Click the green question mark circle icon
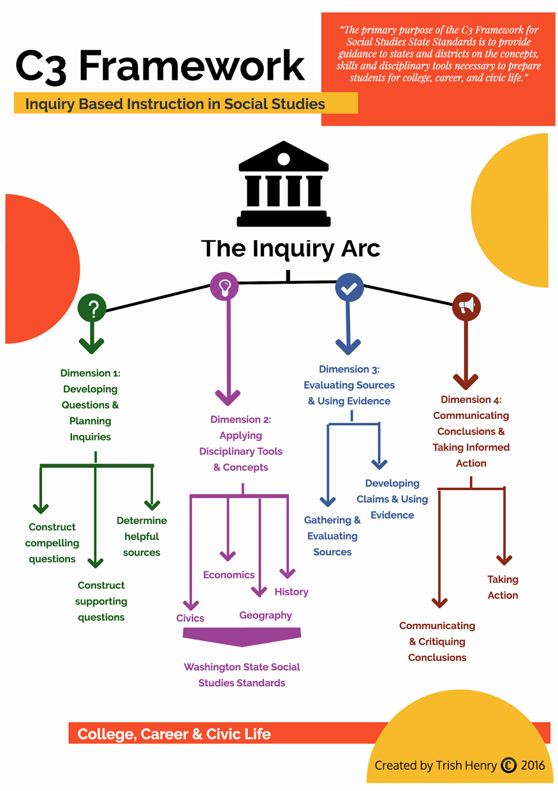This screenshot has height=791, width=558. click(x=92, y=308)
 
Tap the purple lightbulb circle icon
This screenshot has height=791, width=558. click(x=224, y=286)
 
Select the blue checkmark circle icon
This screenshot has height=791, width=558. click(x=349, y=287)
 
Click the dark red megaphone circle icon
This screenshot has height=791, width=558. click(x=466, y=307)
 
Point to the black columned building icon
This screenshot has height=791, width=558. click(x=283, y=183)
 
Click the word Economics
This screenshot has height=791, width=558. click(x=229, y=575)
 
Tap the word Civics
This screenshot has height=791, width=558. click(x=190, y=618)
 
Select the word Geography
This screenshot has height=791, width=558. click(x=266, y=615)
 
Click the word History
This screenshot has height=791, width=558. click(x=291, y=592)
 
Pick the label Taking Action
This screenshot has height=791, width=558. click(x=503, y=587)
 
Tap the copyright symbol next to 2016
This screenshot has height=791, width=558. click(x=509, y=765)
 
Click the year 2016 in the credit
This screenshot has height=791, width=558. click(x=533, y=765)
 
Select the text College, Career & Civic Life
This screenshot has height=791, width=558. click(x=174, y=734)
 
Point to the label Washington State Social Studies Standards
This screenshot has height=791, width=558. click(x=241, y=675)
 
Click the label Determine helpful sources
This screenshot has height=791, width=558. click(x=141, y=536)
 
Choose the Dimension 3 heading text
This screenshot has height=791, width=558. click(x=349, y=385)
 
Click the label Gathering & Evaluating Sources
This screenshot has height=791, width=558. click(x=332, y=536)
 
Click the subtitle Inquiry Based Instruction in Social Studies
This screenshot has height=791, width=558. click(x=175, y=104)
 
